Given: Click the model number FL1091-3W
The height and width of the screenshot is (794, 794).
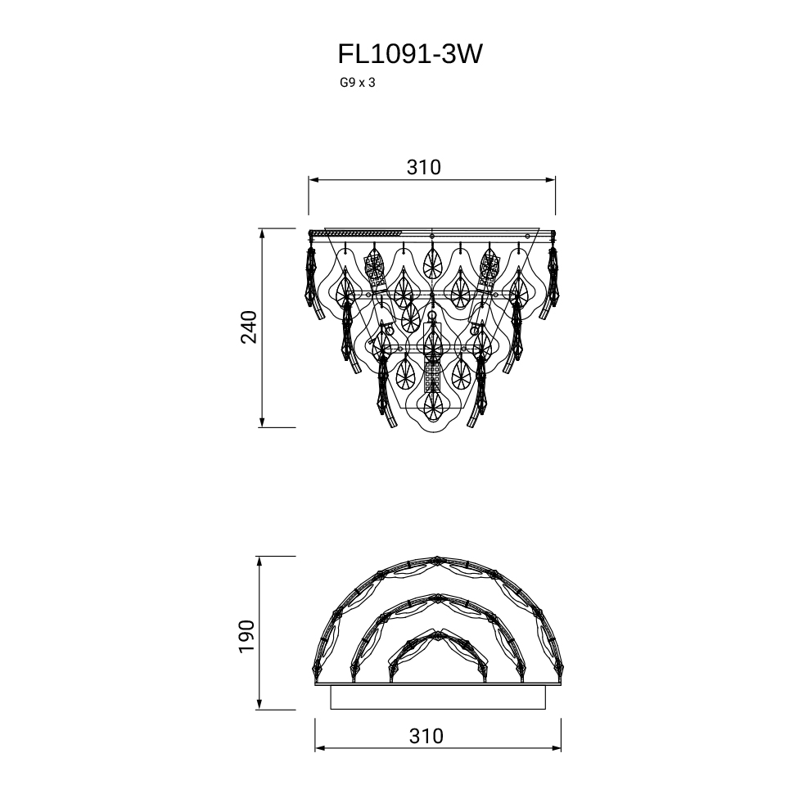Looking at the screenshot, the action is (410, 54).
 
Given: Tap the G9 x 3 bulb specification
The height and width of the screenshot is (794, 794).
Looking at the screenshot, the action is (358, 83).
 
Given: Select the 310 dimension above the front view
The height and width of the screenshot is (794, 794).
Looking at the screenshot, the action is (424, 167).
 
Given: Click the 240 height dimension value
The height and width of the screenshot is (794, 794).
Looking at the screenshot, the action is (249, 327).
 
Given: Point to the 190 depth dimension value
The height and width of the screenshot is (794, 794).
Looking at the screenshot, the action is (247, 636).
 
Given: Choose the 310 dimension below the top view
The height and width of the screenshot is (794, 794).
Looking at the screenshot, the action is (426, 736).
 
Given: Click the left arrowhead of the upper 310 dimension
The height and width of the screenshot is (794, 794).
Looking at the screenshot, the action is (314, 180).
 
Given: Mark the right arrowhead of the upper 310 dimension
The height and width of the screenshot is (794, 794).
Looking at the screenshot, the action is (550, 180).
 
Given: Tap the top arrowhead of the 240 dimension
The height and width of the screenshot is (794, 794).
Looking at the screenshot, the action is (262, 233).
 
